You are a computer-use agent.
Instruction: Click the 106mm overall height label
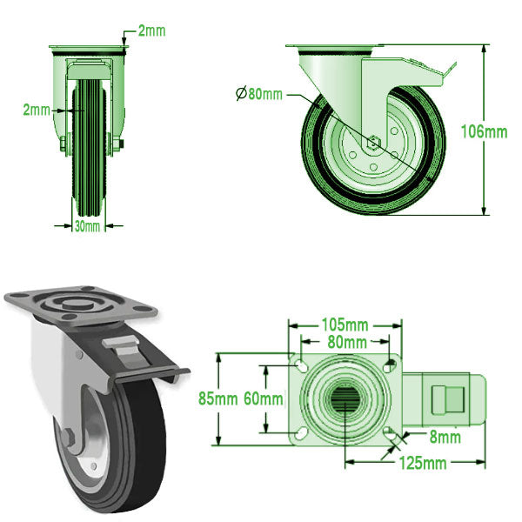pyautogui.click(x=484, y=131)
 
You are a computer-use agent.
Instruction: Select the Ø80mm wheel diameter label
pyautogui.click(x=259, y=94)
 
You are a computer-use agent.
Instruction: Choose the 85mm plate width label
pyautogui.click(x=229, y=399)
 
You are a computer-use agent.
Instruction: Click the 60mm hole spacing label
pyautogui.click(x=263, y=399)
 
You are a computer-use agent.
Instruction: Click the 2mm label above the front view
pyautogui.click(x=151, y=31)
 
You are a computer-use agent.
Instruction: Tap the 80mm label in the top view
pyautogui.click(x=346, y=342)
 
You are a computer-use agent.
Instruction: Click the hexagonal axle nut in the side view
pyautogui.click(x=372, y=145)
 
